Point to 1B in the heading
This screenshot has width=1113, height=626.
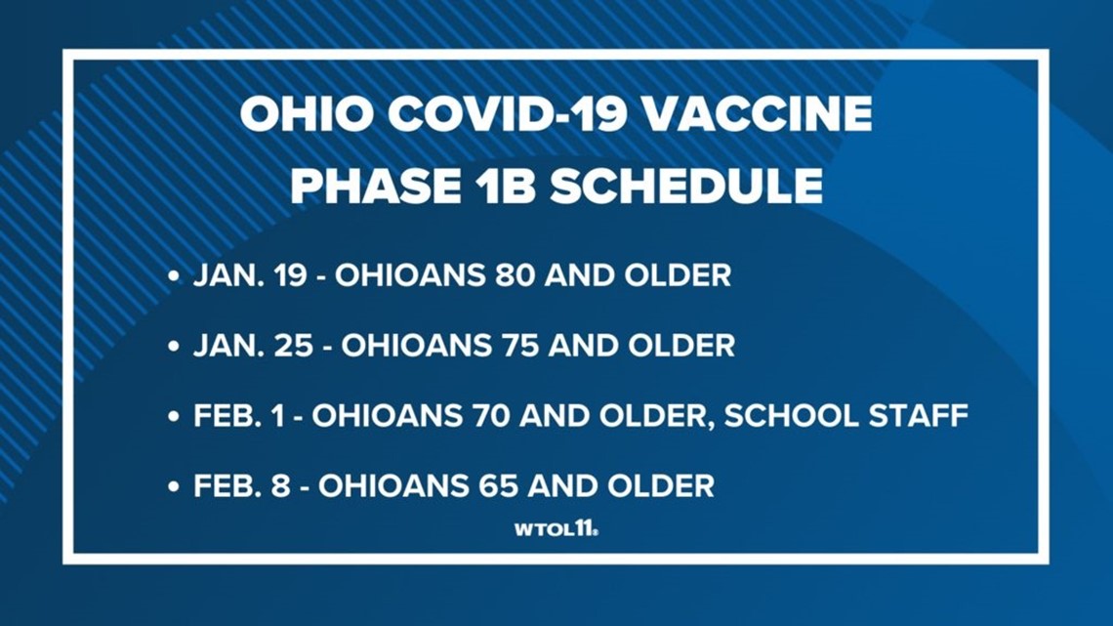click(502, 186)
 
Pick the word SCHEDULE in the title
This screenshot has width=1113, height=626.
click(685, 186)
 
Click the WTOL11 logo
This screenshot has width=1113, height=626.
click(556, 528)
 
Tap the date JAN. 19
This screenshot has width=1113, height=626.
click(250, 275)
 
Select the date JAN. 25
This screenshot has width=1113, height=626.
click(253, 346)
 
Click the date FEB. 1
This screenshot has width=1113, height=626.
click(238, 416)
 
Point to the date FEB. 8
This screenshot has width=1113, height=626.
click(242, 486)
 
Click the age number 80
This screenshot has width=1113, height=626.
click(515, 275)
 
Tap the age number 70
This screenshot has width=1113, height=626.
click(490, 416)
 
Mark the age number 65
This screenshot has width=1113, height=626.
click(498, 486)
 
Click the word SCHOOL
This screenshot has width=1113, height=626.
click(780, 416)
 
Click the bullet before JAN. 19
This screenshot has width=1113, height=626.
click(174, 276)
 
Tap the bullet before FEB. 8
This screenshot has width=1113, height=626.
click(174, 487)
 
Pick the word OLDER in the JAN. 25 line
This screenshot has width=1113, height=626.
click(681, 346)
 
